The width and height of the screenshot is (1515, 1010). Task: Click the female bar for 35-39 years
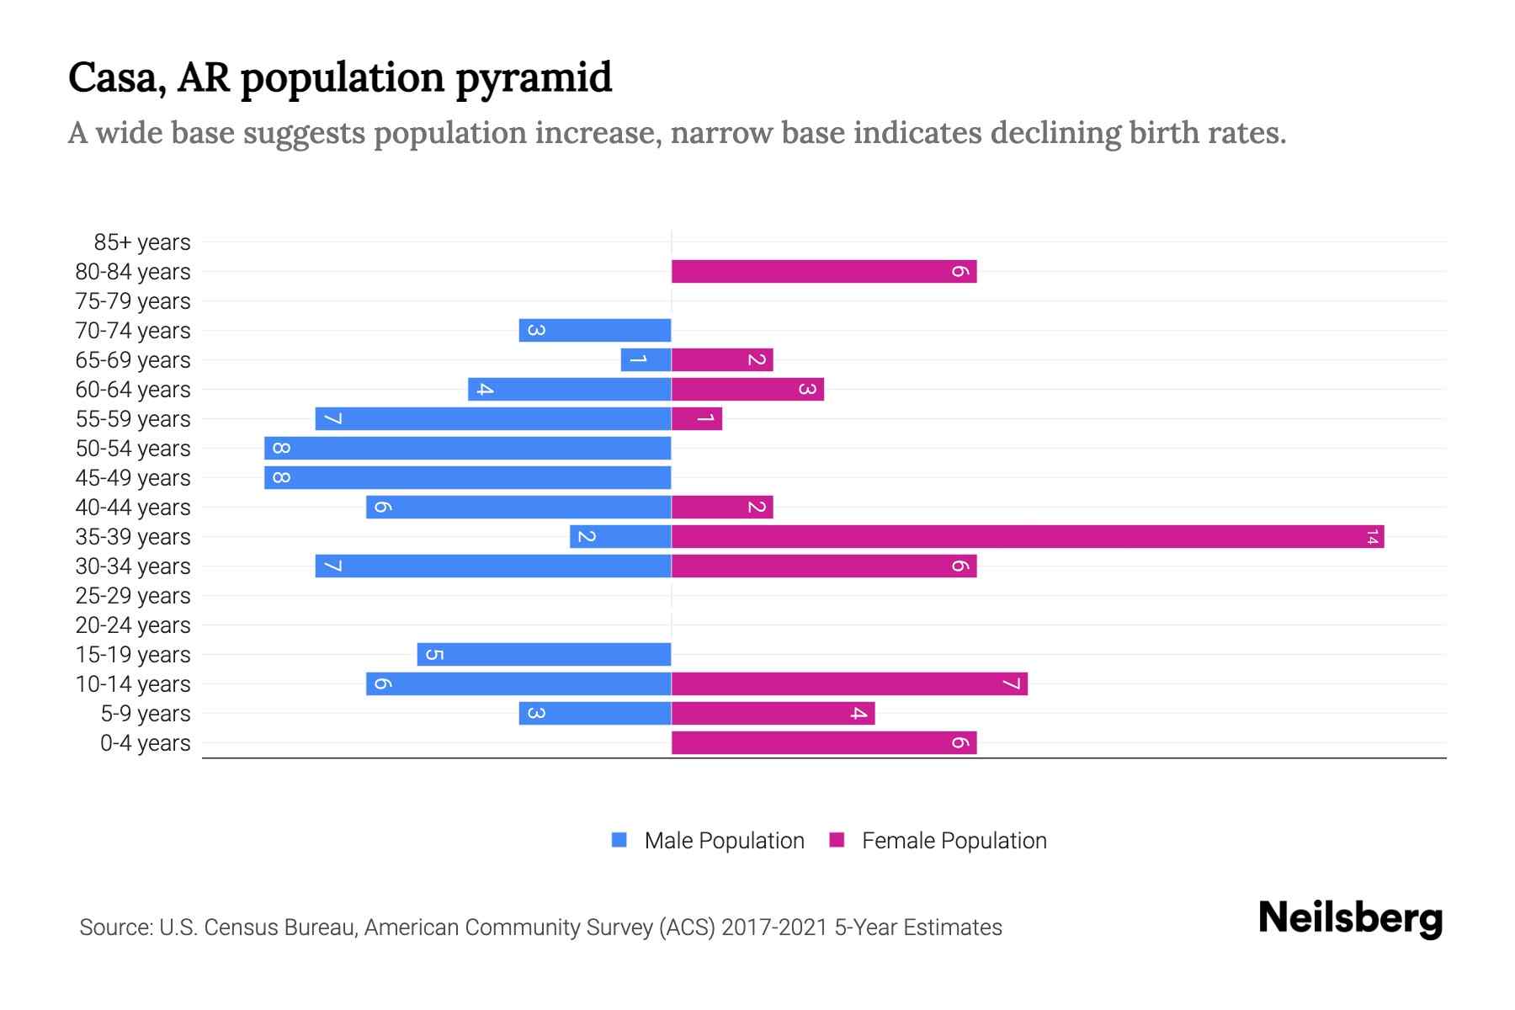1027,537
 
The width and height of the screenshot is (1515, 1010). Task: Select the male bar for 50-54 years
468,449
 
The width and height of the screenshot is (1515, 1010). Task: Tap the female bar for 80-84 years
823,272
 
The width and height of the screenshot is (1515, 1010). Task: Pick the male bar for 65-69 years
646,360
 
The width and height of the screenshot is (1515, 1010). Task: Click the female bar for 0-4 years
823,743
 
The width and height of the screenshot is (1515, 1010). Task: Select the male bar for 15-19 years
544,655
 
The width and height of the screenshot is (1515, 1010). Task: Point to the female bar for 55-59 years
697,419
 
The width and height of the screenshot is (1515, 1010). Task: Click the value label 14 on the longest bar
1372,537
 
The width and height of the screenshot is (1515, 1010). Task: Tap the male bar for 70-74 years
595,331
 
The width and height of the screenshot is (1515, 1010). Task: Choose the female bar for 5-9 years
773,714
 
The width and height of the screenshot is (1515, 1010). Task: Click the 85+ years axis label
142,242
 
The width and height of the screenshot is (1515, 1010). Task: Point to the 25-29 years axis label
133,596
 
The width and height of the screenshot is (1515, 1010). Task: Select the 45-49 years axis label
133,478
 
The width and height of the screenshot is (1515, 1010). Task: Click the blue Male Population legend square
619,840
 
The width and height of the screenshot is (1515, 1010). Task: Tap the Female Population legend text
954,841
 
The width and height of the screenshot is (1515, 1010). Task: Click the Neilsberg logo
1350,917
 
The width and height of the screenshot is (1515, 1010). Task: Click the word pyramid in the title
534,78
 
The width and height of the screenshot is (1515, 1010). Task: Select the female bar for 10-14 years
849,684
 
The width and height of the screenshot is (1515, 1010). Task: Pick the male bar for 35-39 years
620,537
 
